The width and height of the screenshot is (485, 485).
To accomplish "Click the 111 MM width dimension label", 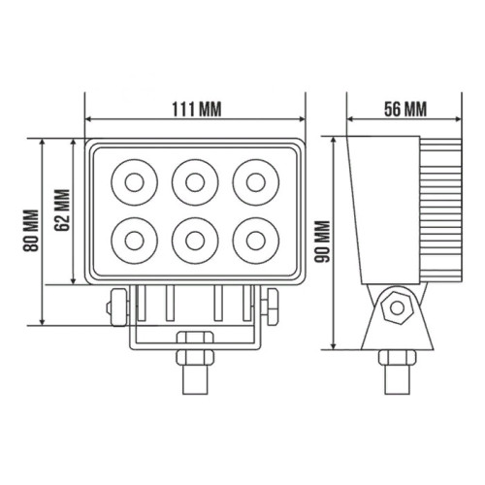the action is tap(196, 109).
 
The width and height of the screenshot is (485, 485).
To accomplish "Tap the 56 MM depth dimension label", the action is tap(405, 109).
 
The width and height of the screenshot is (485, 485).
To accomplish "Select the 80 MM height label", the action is tap(31, 231).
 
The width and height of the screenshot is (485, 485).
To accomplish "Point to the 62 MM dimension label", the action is tap(62, 210).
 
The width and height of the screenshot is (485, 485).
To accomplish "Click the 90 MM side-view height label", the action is tap(323, 242).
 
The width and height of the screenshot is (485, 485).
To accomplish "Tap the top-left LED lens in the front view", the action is tap(135, 182).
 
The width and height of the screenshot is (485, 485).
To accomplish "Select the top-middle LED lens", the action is tap(195, 182).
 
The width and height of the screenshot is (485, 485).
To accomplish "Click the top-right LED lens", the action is tap(256, 182).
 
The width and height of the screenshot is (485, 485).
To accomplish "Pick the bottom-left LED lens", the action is tap(135, 241).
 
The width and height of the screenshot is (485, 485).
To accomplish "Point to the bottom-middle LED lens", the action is tap(195, 241).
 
